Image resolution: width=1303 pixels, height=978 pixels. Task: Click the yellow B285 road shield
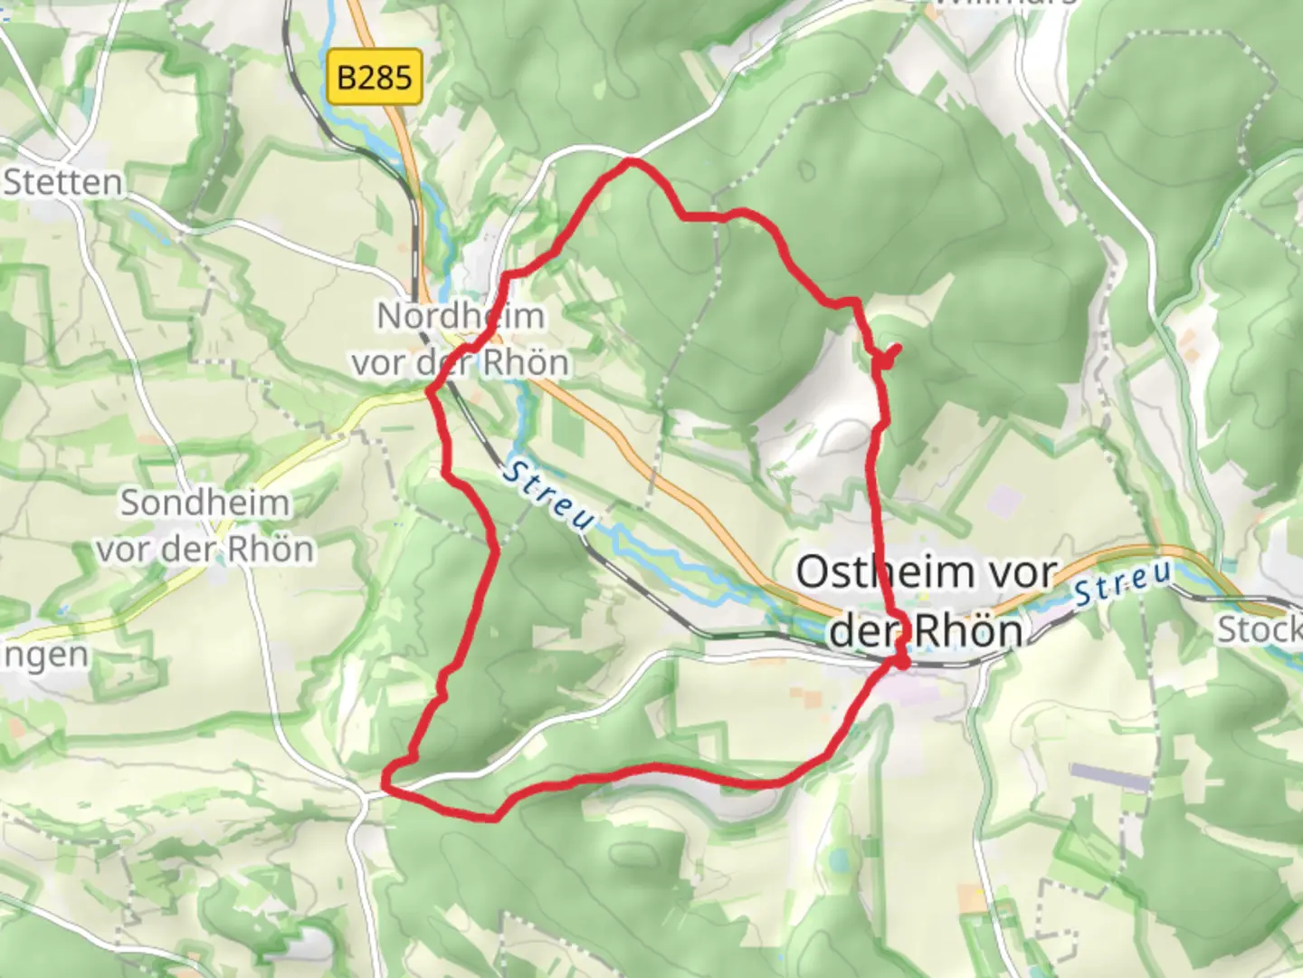tap(375, 77)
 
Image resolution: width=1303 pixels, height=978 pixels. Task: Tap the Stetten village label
tap(63, 183)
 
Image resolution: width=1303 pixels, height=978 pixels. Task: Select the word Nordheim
tap(461, 316)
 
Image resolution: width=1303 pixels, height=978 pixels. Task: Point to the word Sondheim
tap(205, 503)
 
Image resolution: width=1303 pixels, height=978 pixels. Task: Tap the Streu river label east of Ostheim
tap(1123, 585)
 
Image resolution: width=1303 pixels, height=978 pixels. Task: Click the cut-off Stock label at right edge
tap(1260, 628)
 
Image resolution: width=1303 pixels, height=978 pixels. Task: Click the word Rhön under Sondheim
tap(271, 549)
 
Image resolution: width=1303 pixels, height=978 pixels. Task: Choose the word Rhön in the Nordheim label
tap(526, 362)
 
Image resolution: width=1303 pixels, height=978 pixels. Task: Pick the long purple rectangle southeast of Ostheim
tap(1108, 777)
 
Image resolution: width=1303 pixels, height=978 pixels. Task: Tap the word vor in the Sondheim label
tap(123, 549)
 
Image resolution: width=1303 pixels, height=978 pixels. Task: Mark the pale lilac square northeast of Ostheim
tap(1003, 499)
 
